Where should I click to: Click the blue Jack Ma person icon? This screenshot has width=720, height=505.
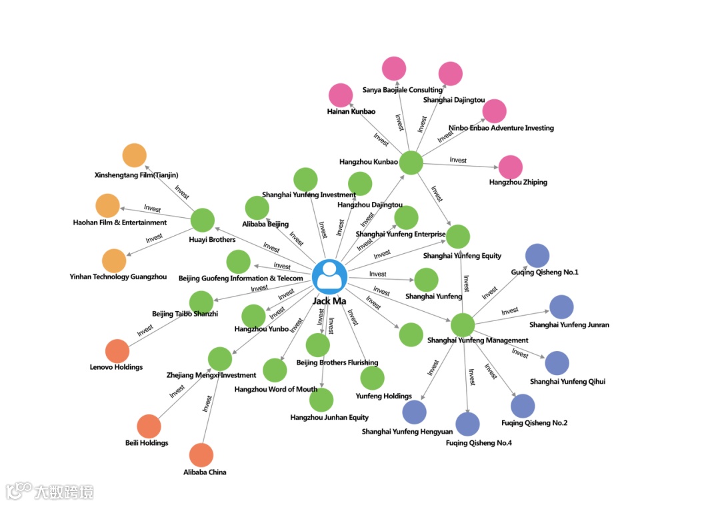tap(329, 276)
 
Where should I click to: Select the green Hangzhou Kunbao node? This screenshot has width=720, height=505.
tap(411, 163)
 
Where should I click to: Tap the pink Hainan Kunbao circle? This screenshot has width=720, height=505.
tap(341, 95)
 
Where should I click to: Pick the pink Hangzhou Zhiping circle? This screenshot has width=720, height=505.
tap(511, 167)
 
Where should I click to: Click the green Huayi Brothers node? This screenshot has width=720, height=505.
tap(202, 221)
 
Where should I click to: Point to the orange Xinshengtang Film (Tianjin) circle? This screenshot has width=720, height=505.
tap(134, 155)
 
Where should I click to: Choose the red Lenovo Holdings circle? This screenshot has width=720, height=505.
tap(117, 351)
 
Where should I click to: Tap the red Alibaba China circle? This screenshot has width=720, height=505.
tap(201, 455)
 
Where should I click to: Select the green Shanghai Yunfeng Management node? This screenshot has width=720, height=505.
tap(462, 325)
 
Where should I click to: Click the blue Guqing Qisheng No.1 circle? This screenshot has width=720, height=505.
tap(537, 256)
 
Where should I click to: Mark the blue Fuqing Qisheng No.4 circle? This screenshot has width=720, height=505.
tap(467, 424)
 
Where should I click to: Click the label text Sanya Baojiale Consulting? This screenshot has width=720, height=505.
tap(402, 90)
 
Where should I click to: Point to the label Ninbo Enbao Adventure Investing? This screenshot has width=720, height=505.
tap(501, 128)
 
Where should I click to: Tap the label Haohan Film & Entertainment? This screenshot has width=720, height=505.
tap(120, 223)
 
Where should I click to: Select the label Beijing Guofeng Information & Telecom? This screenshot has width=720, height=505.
tap(241, 278)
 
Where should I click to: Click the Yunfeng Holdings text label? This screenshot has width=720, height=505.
tap(383, 396)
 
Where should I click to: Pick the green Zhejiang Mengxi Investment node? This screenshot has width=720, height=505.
tap(220, 358)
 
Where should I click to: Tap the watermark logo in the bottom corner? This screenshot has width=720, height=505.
tap(50, 492)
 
